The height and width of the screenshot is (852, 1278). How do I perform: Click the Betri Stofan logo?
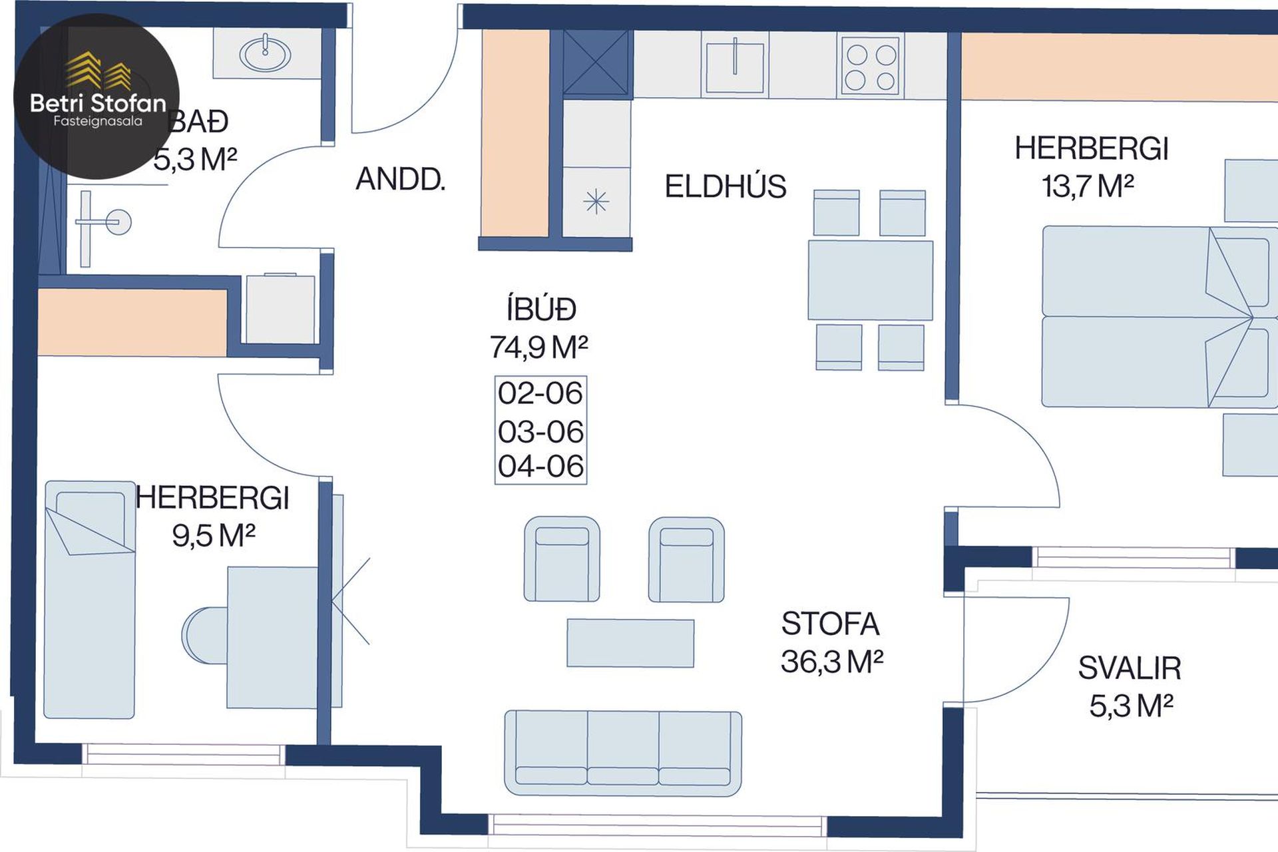point(97,97)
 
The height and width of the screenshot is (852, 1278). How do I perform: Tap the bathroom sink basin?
point(265,53)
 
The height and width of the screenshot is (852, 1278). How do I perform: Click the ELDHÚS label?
point(726,186)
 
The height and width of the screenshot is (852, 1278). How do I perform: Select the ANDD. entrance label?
point(400,179)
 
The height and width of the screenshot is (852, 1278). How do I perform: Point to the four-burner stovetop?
point(871,65)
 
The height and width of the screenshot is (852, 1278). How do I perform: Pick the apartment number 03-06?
point(540,431)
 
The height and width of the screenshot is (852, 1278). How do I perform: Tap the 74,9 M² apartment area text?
point(538,347)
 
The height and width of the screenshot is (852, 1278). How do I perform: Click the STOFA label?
point(830,624)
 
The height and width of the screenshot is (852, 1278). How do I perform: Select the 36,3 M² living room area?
point(832,661)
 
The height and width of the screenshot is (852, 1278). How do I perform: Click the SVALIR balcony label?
point(1130,668)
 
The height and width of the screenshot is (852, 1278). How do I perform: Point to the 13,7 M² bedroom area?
point(1088,186)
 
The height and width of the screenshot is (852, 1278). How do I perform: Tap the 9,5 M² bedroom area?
point(214,535)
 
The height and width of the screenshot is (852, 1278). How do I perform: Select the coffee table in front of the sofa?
point(630,643)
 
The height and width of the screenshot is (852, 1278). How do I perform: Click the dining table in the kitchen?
point(871,280)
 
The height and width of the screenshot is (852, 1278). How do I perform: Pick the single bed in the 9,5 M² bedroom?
point(90,600)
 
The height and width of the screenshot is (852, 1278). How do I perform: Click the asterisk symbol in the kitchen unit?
point(596,201)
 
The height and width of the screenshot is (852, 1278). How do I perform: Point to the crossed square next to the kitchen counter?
point(596,63)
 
